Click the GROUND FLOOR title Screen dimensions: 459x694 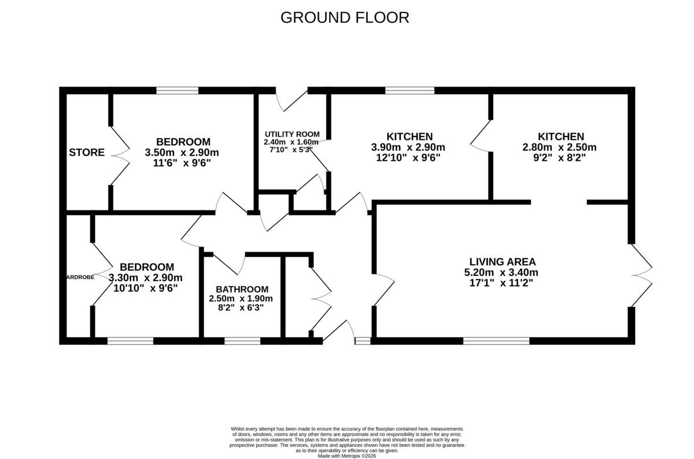[345, 18]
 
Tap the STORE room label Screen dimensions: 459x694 [87, 153]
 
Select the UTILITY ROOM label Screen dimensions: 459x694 [291, 134]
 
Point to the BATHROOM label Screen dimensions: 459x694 [242, 289]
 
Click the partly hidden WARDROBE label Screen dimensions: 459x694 [80, 277]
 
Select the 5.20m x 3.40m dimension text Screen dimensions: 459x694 [501, 272]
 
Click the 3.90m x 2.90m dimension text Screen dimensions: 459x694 [409, 147]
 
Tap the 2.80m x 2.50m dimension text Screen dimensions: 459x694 [560, 147]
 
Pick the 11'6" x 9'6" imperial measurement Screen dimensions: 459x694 [183, 163]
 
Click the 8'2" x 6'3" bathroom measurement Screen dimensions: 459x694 [241, 308]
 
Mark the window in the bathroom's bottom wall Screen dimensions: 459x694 [242, 341]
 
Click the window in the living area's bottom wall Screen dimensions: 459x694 [496, 341]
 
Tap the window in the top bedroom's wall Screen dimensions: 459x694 [178, 90]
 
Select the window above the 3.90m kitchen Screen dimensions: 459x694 [409, 90]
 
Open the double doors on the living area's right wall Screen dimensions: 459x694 [641, 275]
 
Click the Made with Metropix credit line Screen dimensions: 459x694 [346, 456]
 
